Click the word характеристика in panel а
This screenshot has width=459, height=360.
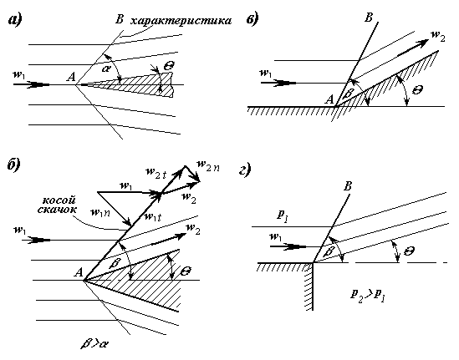click(181, 21)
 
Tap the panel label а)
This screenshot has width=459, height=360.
click(15, 21)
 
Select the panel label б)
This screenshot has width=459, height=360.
click(13, 165)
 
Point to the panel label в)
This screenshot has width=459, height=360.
click(252, 20)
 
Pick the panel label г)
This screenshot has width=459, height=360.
click(245, 170)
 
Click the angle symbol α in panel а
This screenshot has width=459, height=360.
click(107, 68)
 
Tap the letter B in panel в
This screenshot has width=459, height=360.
click(369, 18)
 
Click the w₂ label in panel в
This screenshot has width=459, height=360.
click(438, 36)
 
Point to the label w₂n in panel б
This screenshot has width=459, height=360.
click(208, 166)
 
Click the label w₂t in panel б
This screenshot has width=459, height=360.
click(156, 173)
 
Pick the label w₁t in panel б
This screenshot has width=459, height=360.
click(152, 216)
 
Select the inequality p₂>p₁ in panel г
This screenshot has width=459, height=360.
click(368, 296)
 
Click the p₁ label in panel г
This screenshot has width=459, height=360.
click(283, 216)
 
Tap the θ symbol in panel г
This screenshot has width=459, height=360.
click(409, 251)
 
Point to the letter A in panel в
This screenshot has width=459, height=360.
click(329, 99)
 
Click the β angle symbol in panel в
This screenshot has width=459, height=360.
click(349, 94)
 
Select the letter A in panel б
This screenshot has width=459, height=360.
click(79, 272)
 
